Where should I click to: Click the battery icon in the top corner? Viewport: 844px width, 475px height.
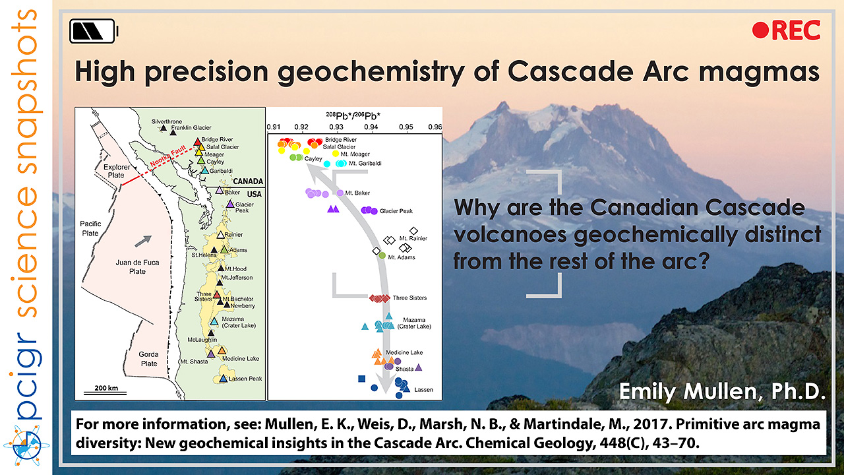click(x=94, y=31)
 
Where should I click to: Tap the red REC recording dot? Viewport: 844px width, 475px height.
click(x=760, y=30)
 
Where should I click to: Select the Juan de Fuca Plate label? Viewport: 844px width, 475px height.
click(x=137, y=267)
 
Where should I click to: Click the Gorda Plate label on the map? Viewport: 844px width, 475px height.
click(x=149, y=359)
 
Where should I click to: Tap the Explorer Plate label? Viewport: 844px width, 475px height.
click(x=117, y=171)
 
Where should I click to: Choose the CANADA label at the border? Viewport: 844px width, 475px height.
click(x=247, y=181)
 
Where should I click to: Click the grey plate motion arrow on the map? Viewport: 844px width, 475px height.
click(x=143, y=241)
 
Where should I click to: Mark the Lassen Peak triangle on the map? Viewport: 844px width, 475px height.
click(x=224, y=379)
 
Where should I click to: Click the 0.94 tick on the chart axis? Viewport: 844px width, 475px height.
click(x=371, y=127)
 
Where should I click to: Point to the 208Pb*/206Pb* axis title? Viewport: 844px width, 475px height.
click(x=353, y=115)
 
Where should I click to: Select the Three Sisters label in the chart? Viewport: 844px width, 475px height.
click(x=409, y=298)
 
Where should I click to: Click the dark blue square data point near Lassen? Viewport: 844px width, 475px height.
click(x=362, y=379)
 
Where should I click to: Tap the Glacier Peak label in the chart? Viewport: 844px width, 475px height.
click(x=396, y=211)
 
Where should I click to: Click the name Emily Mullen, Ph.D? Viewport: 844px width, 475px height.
click(x=722, y=391)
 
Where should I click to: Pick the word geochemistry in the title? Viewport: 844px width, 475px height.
click(x=371, y=72)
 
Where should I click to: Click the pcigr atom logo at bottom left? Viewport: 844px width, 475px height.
click(x=26, y=446)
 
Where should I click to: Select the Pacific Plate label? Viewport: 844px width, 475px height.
click(x=90, y=228)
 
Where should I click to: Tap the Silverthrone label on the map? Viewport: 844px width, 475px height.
click(x=167, y=121)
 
